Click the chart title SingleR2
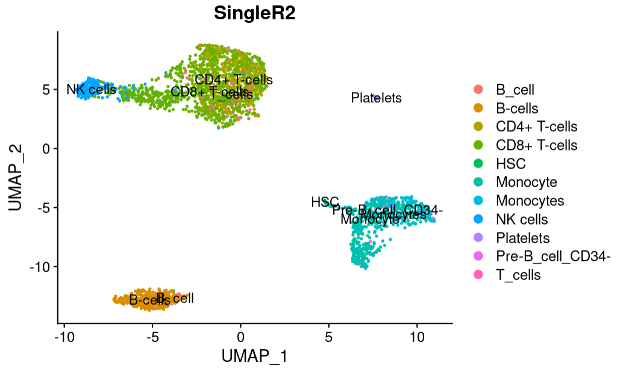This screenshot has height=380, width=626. [254, 14]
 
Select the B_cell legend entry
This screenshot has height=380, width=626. [515, 90]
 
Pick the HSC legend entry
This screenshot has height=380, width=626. [511, 163]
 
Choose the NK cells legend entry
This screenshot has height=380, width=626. [522, 219]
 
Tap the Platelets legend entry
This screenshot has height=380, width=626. [523, 238]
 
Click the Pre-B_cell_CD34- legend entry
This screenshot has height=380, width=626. [553, 257]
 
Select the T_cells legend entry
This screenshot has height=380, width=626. [518, 275]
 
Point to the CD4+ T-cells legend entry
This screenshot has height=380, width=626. [536, 126]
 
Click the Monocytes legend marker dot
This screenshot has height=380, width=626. [479, 201]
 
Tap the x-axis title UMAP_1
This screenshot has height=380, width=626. [254, 357]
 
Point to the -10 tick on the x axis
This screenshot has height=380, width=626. [64, 335]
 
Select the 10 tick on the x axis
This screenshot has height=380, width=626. [417, 335]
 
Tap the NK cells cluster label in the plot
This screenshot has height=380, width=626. [91, 90]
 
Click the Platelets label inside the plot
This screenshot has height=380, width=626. [376, 98]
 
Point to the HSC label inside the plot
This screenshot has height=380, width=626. [325, 202]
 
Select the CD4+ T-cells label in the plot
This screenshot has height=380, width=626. [233, 79]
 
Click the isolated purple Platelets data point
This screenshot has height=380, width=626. [377, 98]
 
